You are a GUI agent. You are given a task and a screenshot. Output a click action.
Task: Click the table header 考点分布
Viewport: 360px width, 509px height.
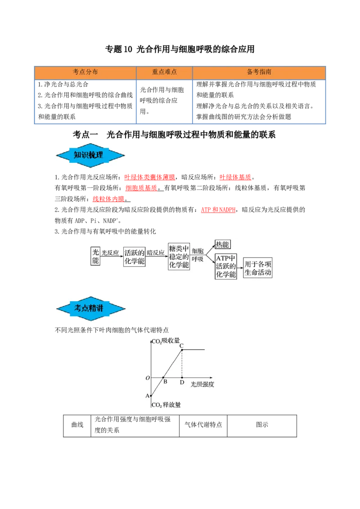click(85, 72)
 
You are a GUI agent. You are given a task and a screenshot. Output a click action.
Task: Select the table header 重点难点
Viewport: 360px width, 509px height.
click(164, 72)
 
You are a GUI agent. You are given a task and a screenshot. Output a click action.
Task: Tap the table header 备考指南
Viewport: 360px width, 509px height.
click(259, 72)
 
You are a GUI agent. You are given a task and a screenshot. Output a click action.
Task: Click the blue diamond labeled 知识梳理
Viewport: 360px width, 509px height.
click(90, 156)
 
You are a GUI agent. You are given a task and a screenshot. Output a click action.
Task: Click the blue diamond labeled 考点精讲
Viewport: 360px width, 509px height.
click(90, 308)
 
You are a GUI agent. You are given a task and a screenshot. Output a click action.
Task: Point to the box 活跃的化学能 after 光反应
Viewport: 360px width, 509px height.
click(134, 256)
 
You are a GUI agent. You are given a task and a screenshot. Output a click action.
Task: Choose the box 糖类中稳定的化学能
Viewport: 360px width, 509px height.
click(179, 256)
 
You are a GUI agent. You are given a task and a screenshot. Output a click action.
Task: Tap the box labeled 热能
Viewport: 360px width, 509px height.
click(222, 245)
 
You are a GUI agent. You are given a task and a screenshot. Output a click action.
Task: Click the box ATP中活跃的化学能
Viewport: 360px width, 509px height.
click(225, 266)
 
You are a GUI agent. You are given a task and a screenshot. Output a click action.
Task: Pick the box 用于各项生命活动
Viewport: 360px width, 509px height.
click(258, 267)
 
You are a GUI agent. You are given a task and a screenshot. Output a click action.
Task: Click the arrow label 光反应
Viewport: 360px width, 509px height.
click(111, 253)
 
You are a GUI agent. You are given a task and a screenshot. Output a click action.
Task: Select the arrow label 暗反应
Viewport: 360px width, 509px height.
click(156, 253)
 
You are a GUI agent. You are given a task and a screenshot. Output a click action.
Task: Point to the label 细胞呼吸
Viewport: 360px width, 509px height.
click(198, 255)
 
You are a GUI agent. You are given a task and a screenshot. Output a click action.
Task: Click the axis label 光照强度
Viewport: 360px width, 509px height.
click(202, 385)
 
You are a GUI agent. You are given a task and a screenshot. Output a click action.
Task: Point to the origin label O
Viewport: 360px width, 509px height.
click(147, 378)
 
